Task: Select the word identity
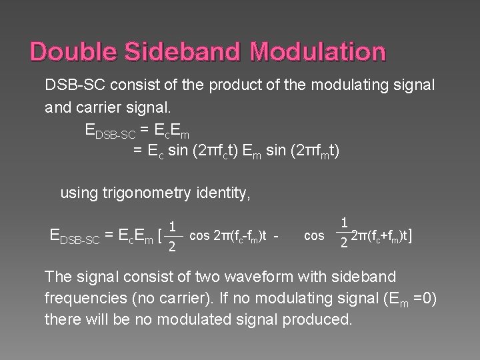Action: (x=223, y=194)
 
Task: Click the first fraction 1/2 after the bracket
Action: (x=172, y=237)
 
